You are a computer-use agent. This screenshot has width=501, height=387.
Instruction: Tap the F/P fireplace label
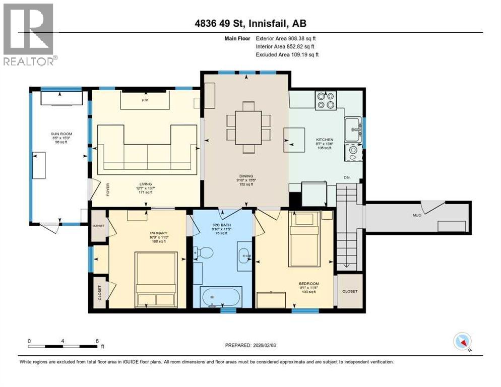point(144,100)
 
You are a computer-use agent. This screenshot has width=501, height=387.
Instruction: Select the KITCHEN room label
point(325,140)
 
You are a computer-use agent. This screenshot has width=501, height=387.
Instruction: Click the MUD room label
point(417,215)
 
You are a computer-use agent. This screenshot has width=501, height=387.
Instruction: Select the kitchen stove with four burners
point(325,100)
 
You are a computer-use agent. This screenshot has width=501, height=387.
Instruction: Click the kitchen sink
point(352,130)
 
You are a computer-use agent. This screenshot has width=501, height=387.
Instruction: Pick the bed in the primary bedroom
point(156,278)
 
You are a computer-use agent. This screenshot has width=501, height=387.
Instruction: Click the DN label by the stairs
point(347,177)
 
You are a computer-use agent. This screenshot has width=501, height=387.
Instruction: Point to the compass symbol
point(462,342)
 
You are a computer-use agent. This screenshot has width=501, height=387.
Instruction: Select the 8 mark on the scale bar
point(97,341)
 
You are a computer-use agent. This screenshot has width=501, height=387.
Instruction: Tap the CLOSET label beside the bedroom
point(349,291)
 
